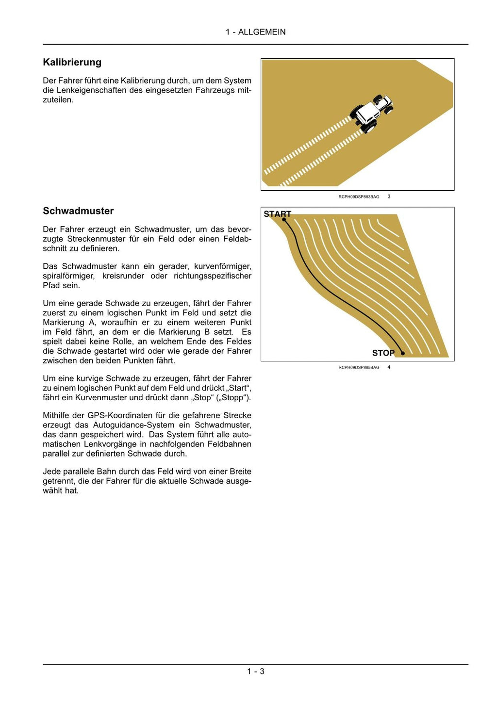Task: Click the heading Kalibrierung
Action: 72,62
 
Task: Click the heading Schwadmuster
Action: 78,211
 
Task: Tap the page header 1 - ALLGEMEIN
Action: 255,32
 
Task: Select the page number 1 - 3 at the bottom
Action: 255,671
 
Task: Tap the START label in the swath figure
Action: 277,214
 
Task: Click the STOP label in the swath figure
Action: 383,353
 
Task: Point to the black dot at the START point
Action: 284,220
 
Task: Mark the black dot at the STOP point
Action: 402,353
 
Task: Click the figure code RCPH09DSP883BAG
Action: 359,197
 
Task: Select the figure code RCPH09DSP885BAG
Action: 359,368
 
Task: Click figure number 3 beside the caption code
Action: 389,196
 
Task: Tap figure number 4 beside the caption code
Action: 389,367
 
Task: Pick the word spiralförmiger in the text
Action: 68,276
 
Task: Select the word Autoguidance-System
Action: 133,425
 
